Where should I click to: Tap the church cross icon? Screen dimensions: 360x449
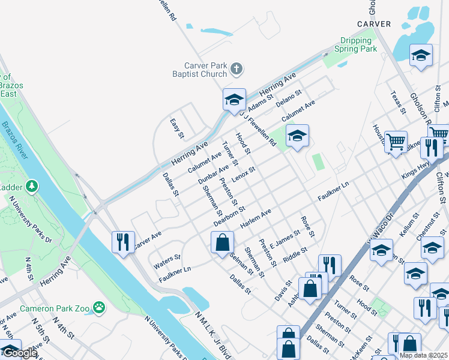coord(237,69)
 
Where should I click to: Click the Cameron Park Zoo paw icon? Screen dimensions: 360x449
coord(98,308)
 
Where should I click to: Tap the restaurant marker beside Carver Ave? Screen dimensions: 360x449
coord(123,242)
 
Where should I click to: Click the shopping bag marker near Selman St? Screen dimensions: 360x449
coord(222,242)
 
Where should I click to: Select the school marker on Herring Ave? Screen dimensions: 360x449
coord(234,100)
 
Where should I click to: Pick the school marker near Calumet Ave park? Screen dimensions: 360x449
coord(297,136)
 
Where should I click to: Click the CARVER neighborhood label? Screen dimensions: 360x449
coord(374,24)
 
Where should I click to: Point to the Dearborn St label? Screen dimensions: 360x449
coord(229,217)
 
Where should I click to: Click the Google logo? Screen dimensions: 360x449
coord(19,353)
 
